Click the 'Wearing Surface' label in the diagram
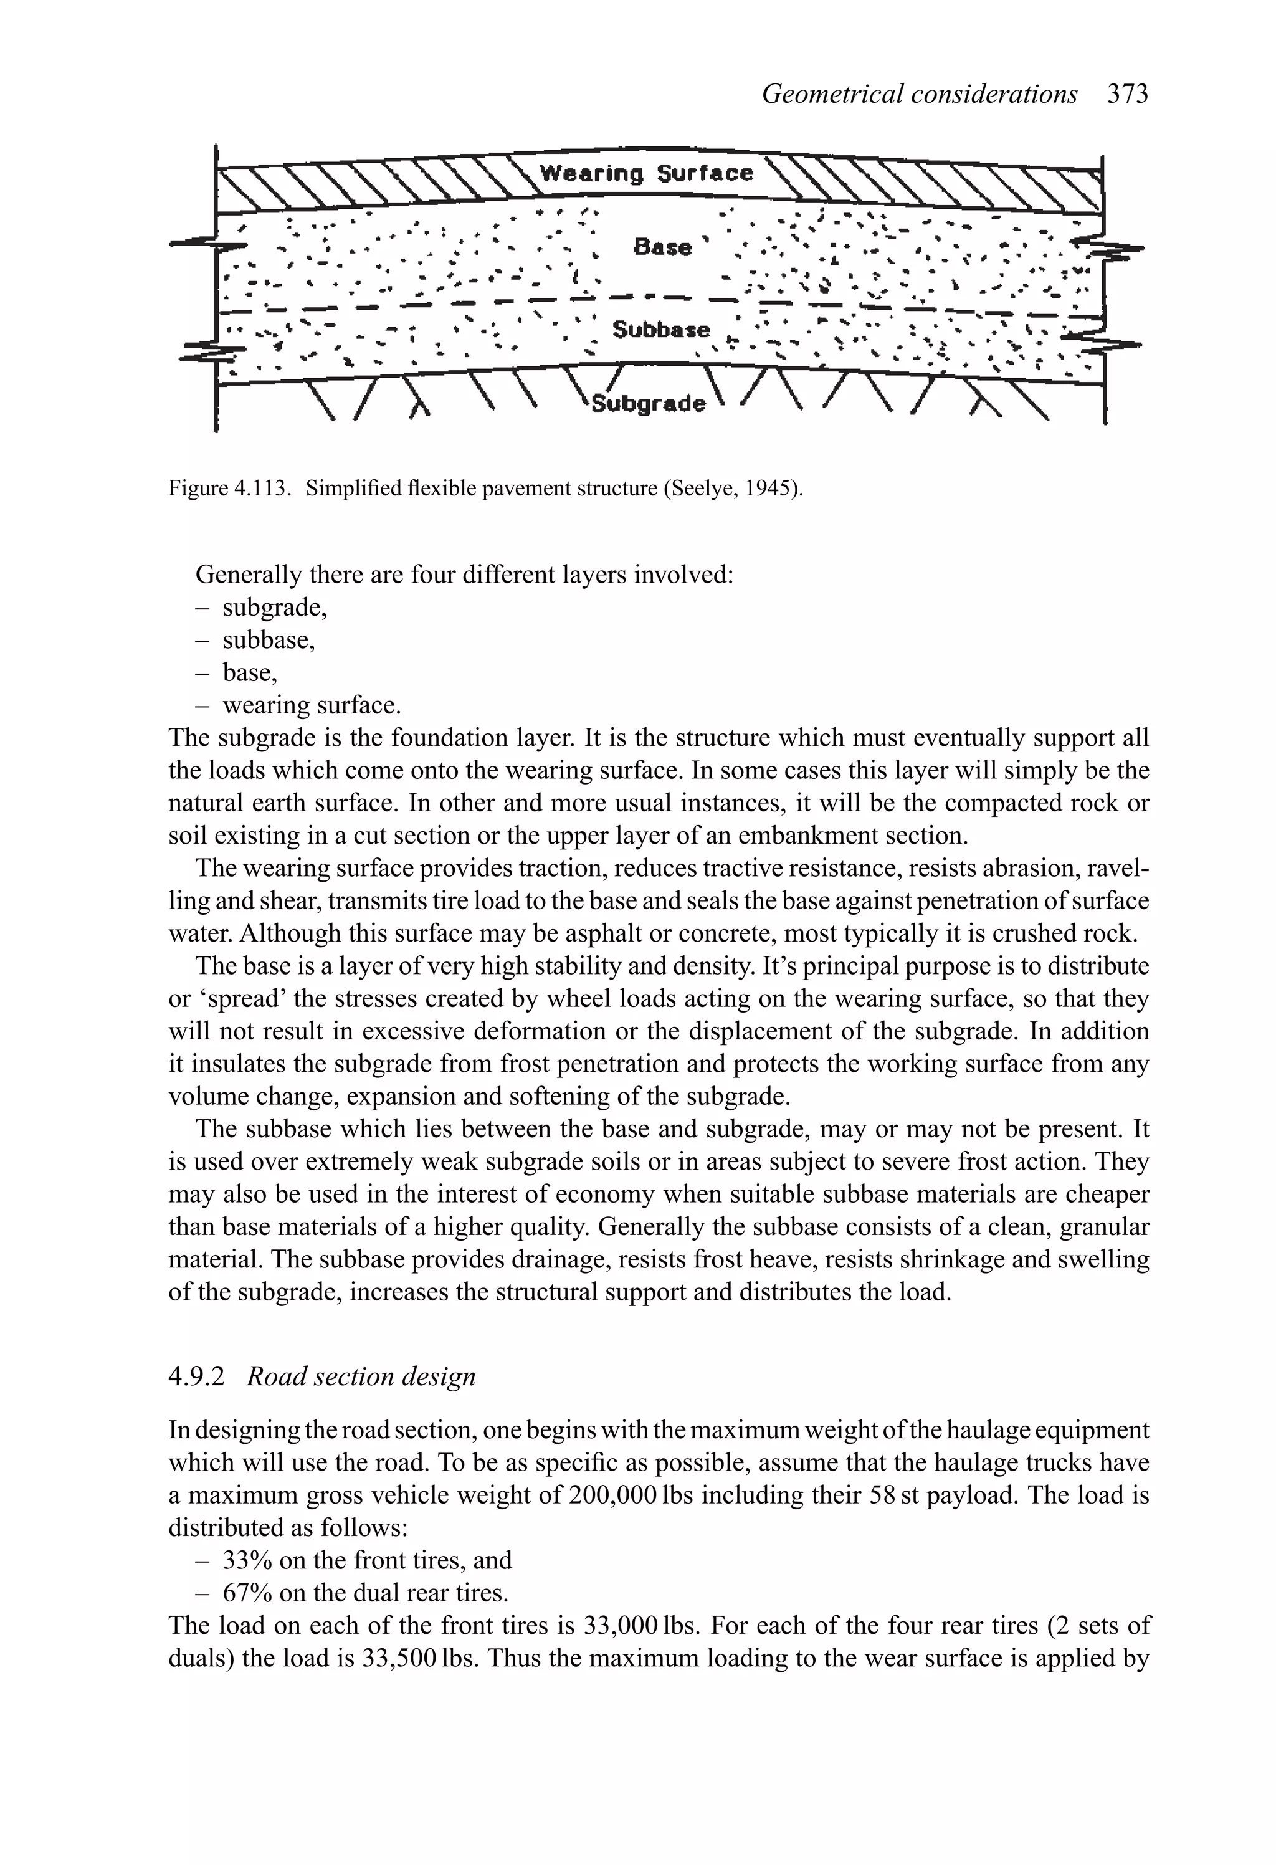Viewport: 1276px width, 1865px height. tap(646, 173)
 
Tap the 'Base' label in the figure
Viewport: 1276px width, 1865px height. tap(662, 246)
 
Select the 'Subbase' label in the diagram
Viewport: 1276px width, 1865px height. tap(661, 329)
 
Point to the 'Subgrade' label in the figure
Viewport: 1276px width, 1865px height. tap(649, 403)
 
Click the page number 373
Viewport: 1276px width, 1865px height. tap(1128, 94)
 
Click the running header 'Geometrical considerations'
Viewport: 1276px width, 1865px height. tap(919, 94)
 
